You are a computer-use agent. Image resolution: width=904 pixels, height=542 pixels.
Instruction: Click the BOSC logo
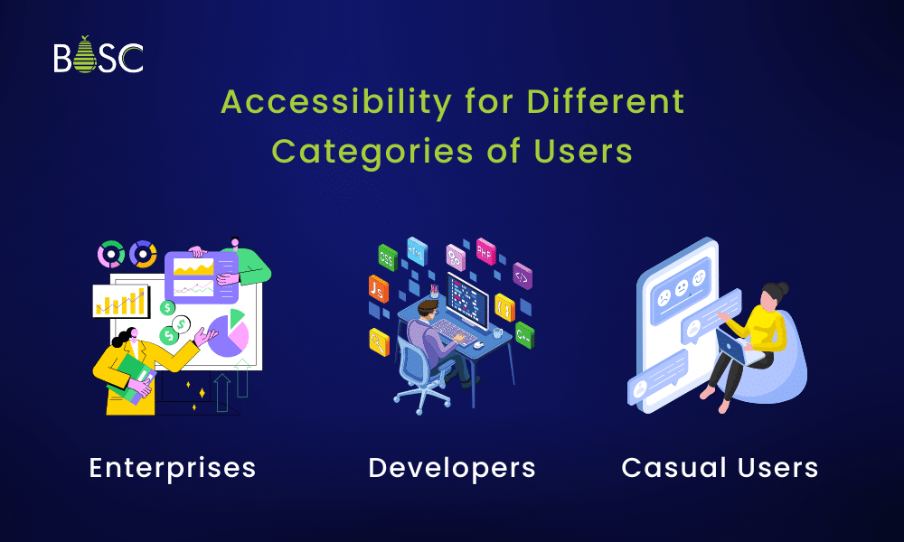[x=98, y=56]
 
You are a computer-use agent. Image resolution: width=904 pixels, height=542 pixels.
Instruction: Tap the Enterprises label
[x=173, y=468]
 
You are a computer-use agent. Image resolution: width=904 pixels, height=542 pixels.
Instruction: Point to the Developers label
[x=452, y=468]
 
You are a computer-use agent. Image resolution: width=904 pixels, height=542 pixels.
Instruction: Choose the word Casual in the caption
[x=671, y=468]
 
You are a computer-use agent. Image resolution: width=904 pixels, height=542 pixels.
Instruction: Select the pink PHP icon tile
[x=486, y=249]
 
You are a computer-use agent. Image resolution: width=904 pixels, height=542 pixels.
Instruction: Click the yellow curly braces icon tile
[x=504, y=307]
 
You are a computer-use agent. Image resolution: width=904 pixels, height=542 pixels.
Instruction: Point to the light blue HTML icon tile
[x=417, y=249]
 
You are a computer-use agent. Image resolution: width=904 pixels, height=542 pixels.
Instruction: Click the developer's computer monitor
[x=468, y=299]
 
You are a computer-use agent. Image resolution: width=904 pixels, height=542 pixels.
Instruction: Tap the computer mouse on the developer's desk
[x=477, y=344]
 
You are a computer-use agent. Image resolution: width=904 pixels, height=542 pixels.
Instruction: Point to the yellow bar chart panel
[x=120, y=301]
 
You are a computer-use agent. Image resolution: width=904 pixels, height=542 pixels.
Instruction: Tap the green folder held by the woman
[x=130, y=373]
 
